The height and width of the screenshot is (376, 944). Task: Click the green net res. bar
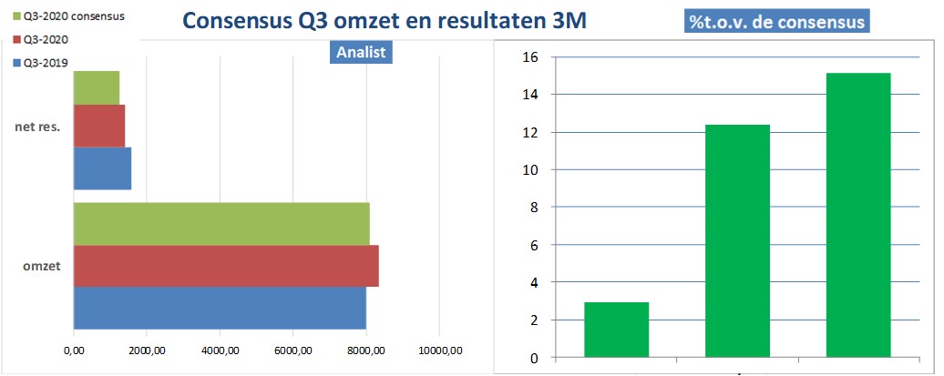(96, 86)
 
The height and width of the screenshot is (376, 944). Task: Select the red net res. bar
(98, 127)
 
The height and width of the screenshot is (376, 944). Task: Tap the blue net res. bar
(102, 168)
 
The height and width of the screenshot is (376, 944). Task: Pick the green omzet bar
(221, 223)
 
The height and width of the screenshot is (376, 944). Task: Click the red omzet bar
(226, 266)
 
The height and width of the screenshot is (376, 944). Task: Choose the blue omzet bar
(220, 308)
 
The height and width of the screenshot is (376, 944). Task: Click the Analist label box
(361, 52)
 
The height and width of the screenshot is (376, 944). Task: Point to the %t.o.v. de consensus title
(777, 19)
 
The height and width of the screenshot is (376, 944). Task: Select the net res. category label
(37, 127)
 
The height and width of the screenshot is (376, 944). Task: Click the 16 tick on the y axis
(532, 57)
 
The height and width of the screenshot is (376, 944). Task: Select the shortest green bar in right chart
(617, 330)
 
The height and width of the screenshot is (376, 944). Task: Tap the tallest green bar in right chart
(858, 215)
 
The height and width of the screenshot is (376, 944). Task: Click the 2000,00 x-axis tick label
(146, 351)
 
